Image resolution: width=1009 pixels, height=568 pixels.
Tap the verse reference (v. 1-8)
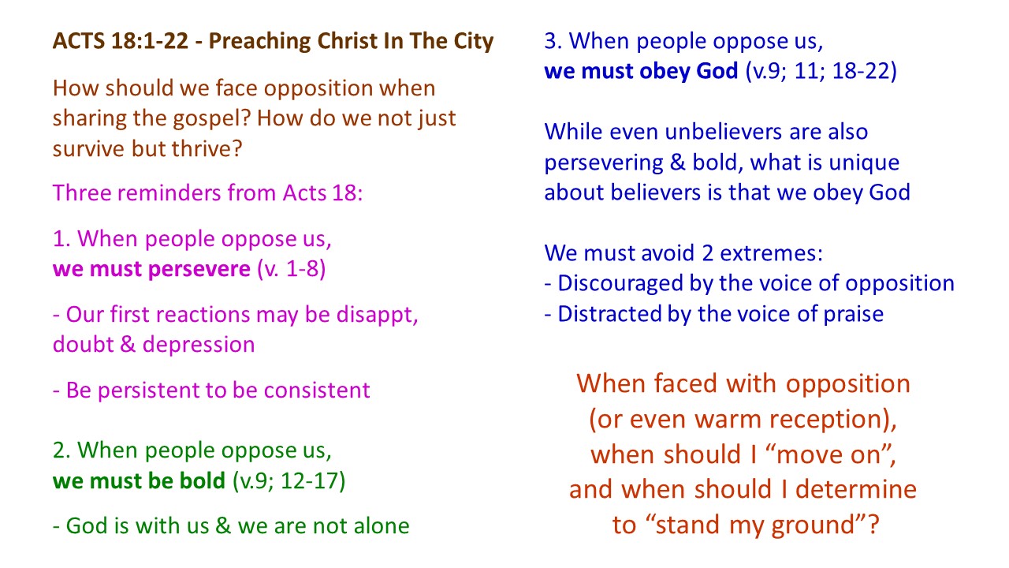(x=291, y=269)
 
